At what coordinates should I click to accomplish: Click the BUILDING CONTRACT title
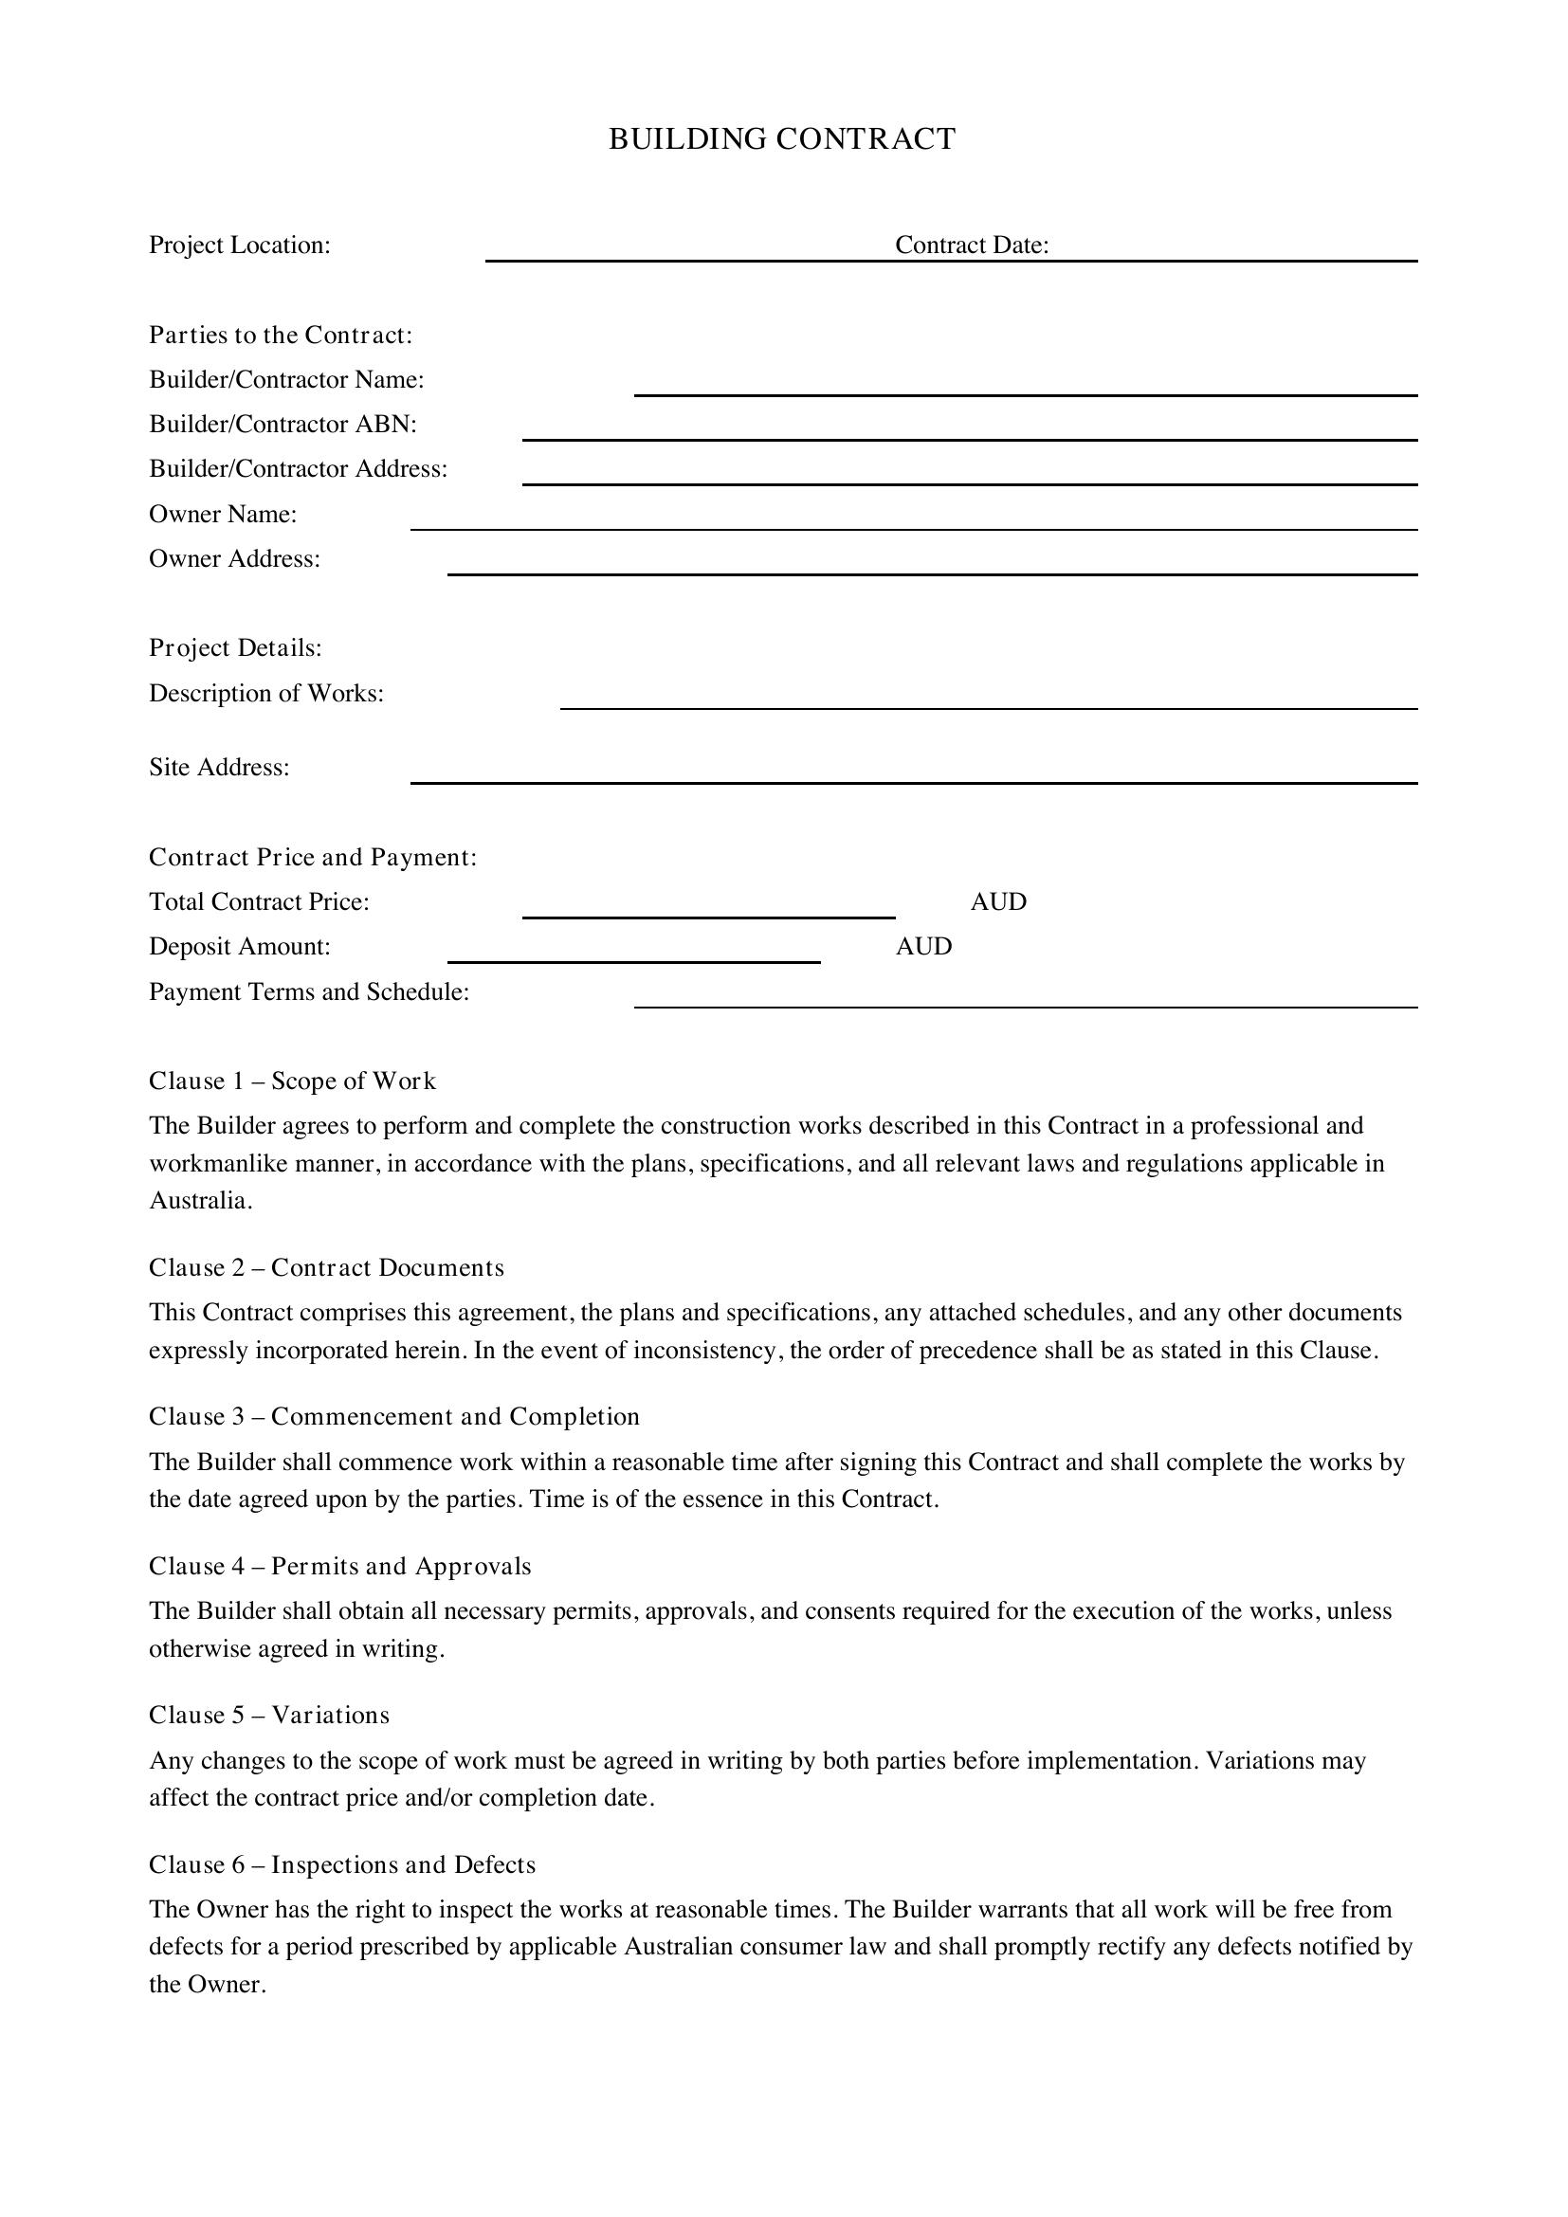click(782, 139)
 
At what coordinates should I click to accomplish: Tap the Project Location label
click(240, 245)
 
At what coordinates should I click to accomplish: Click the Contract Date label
click(972, 245)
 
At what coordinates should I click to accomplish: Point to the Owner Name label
click(223, 514)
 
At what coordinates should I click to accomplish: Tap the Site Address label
click(219, 768)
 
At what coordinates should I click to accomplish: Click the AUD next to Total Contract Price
click(998, 901)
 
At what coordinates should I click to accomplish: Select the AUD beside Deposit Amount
click(924, 946)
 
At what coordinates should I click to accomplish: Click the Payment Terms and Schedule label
click(309, 991)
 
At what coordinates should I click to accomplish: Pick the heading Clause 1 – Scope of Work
click(293, 1081)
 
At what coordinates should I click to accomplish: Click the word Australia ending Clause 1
click(199, 1201)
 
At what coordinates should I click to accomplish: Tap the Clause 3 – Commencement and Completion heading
click(394, 1416)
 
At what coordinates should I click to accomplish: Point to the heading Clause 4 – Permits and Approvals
click(340, 1566)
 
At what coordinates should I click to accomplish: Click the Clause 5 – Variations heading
click(269, 1715)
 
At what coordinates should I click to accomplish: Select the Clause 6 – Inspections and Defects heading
click(342, 1864)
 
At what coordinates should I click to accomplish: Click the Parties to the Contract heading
click(281, 335)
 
